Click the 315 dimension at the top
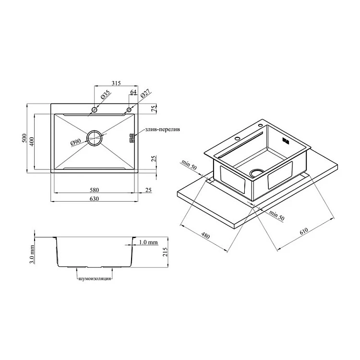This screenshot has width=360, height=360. point(116,83)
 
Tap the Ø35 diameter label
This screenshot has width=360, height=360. point(106,95)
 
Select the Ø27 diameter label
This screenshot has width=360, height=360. point(144,94)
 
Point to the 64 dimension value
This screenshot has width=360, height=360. point(133,92)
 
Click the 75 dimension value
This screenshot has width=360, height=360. point(154,108)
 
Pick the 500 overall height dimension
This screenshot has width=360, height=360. point(24,138)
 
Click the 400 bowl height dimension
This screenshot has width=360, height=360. point(32,142)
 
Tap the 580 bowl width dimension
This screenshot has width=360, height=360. point(95,190)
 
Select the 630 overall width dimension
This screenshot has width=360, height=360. point(95,199)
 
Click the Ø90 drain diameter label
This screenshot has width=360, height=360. point(76,142)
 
